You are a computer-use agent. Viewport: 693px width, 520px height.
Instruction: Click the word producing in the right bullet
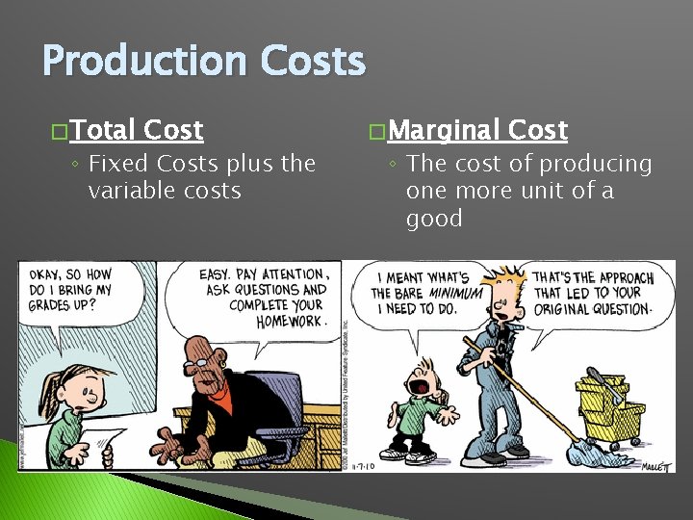[x=597, y=164]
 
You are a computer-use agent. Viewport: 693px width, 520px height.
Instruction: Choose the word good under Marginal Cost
[x=434, y=218]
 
